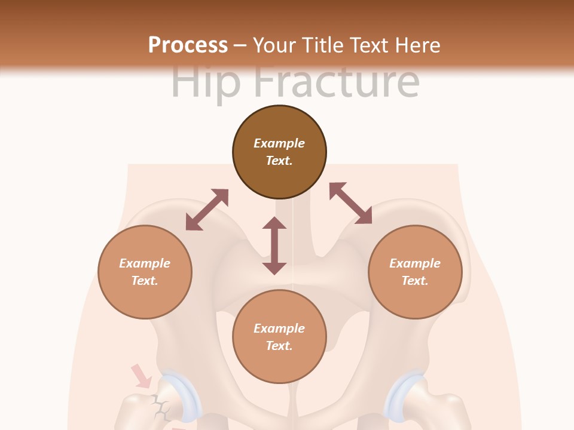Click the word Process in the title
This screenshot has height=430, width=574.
(188, 45)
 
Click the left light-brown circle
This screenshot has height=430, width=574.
(145, 272)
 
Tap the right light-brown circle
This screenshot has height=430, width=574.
(414, 272)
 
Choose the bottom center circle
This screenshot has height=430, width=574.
(279, 337)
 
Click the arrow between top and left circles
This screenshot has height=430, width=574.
(207, 210)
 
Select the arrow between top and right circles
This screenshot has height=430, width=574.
(351, 203)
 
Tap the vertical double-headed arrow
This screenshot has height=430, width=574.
(274, 245)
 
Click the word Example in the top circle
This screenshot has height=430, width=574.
(279, 143)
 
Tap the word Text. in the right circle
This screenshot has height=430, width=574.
(414, 281)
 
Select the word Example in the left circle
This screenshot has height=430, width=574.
(145, 263)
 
